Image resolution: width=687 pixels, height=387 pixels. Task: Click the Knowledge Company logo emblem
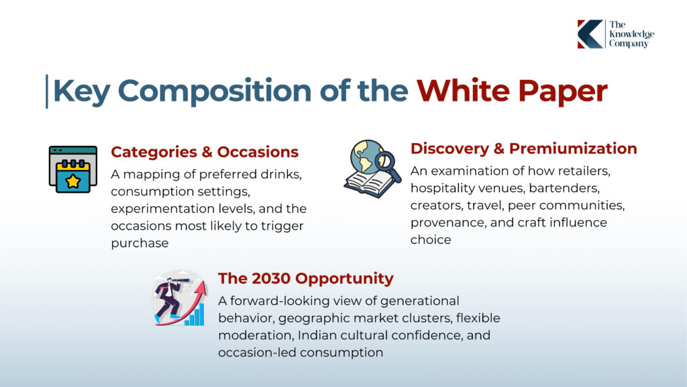coord(590,34)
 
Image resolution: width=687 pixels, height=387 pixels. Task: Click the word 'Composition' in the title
coord(214,91)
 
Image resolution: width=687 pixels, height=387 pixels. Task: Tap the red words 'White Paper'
coord(512,91)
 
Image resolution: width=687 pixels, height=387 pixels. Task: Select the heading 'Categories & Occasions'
coord(205,152)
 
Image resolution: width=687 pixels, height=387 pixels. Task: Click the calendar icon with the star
coord(73,169)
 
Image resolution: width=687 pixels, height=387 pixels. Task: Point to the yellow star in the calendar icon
coord(73,181)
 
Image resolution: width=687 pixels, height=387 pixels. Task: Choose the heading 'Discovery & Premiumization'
coord(523,148)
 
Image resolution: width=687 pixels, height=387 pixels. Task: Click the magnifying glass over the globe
coord(388,167)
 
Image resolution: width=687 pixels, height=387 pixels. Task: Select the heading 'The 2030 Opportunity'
coord(306,278)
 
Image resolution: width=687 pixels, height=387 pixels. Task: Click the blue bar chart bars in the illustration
coord(195,315)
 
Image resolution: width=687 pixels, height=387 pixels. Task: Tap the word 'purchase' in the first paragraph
coord(140,243)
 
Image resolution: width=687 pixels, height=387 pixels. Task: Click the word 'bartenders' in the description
coord(564,188)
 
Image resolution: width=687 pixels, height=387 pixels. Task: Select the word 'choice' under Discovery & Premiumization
coord(431,240)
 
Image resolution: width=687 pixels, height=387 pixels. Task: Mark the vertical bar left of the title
coord(47,91)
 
